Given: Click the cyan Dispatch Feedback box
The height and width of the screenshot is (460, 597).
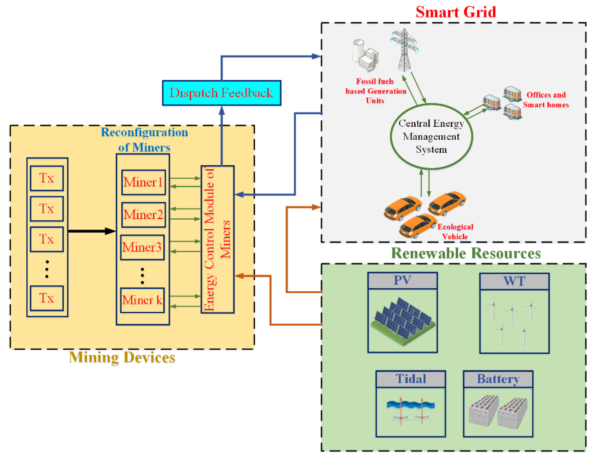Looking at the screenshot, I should [221, 93].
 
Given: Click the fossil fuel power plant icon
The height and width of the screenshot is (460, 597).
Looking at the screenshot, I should [365, 56].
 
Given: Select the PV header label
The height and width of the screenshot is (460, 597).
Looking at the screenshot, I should [402, 280].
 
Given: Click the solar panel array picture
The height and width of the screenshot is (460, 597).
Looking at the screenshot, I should [402, 321].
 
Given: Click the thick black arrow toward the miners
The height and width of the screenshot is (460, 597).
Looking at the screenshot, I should [92, 231].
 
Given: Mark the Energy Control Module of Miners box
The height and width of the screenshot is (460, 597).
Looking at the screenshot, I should [218, 239].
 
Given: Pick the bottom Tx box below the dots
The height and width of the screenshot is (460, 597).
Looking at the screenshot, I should [47, 298].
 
